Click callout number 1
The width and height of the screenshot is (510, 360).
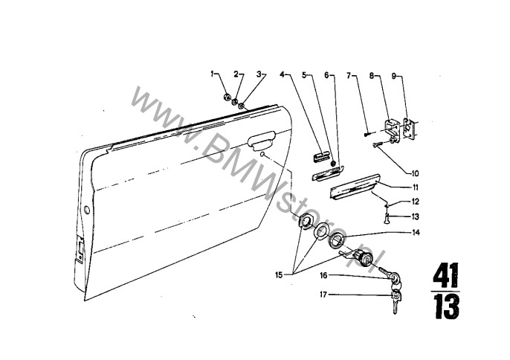tap(213, 74)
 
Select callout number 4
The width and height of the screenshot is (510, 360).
tap(282, 74)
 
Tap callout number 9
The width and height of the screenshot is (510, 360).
tap(393, 76)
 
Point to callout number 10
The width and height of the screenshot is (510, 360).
tap(415, 173)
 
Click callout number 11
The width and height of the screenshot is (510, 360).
tap(415, 188)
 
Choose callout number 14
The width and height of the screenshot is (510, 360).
tap(416, 232)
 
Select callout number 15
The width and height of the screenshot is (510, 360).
tap(279, 275)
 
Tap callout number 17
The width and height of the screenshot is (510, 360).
tap(323, 295)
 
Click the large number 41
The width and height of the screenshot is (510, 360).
tap(445, 275)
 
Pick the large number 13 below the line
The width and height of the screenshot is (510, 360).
tap(447, 306)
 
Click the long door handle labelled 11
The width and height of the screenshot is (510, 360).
tap(355, 187)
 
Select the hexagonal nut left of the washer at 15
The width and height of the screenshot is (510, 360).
tap(305, 222)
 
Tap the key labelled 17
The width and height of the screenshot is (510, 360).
tap(396, 301)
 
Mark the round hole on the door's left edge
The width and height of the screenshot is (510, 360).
tap(86, 210)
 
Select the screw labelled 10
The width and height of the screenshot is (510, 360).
tap(378, 144)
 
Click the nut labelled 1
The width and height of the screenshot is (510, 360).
tap(227, 97)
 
